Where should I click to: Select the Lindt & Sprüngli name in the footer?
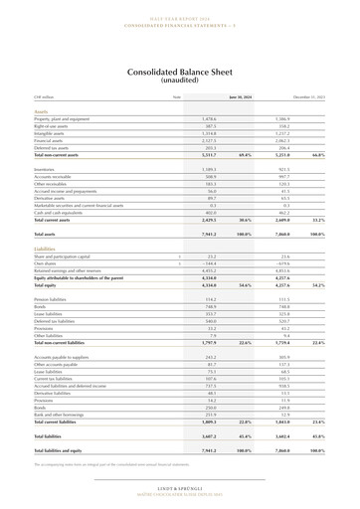point(180,489)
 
